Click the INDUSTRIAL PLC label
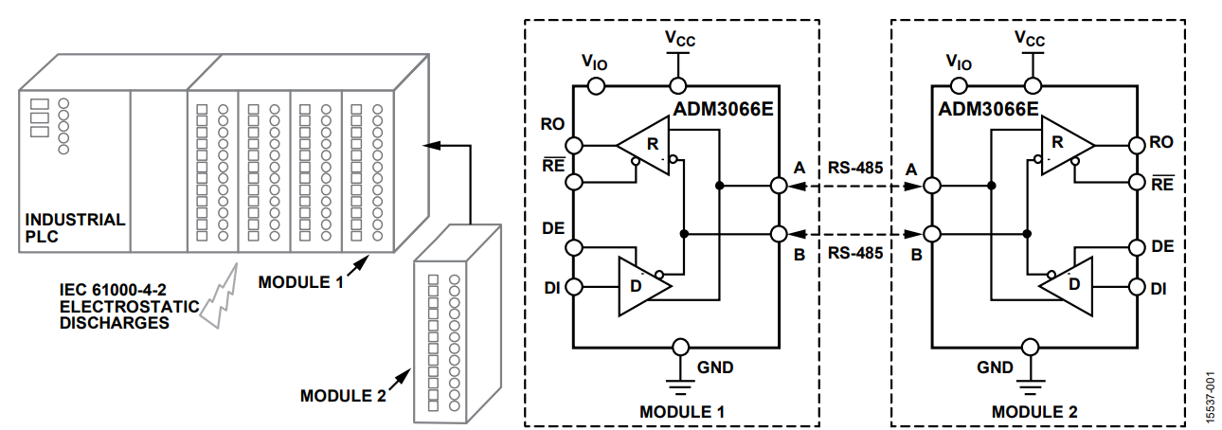point(74,227)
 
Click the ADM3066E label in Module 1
point(724,109)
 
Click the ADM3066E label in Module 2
point(988,109)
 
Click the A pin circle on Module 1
point(780,186)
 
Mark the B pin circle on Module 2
point(932,233)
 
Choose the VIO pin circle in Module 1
point(597,85)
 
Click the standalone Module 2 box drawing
point(455,322)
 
